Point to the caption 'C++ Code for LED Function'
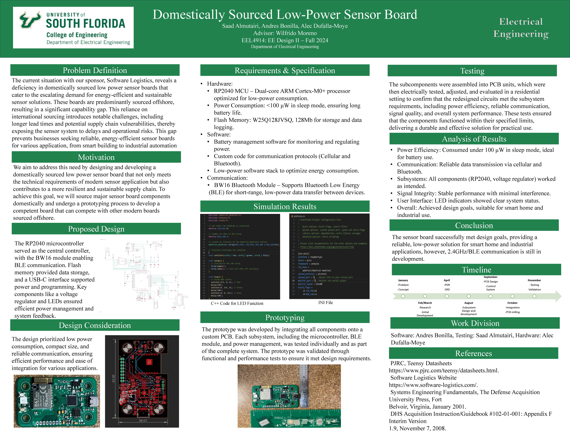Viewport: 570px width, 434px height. click(x=237, y=303)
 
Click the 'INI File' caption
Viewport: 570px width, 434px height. click(x=325, y=303)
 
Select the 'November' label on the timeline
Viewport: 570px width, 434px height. click(x=534, y=280)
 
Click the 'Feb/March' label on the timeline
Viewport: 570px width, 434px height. click(x=425, y=303)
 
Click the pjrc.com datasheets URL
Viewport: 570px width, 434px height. click(x=444, y=370)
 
